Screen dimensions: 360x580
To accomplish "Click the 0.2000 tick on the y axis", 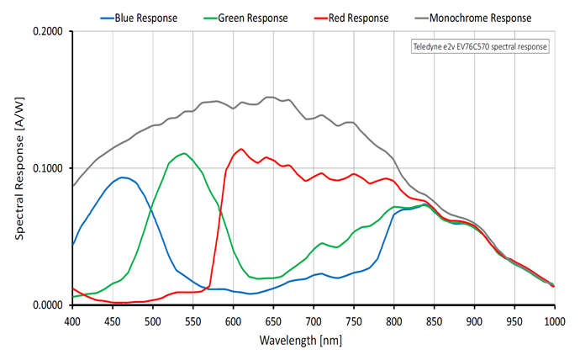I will point(49,32).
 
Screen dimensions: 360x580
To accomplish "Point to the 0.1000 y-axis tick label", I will point(49,168).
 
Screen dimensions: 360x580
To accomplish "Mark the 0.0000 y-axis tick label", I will point(49,304).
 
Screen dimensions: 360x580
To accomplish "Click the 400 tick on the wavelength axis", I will point(73,320).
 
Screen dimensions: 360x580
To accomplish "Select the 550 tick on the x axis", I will point(193,320).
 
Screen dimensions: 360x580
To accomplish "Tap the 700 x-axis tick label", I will point(314,320).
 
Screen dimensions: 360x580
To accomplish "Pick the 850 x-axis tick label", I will point(434,320).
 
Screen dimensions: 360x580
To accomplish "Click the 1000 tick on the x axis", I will point(554,320).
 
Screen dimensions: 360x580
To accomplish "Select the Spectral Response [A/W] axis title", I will point(18,168).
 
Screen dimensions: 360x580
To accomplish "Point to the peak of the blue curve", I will point(124,177).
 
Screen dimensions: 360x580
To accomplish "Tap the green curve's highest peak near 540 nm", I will point(184,153).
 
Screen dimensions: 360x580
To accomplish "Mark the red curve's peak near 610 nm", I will point(241,149).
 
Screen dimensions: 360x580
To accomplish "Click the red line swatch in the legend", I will point(320,17).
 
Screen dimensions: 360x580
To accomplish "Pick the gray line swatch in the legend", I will point(416,17).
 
